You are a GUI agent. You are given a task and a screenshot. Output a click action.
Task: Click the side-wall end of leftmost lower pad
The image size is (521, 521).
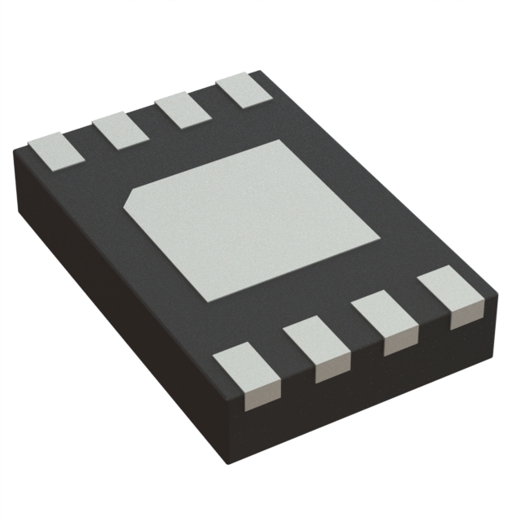click(x=256, y=396)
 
